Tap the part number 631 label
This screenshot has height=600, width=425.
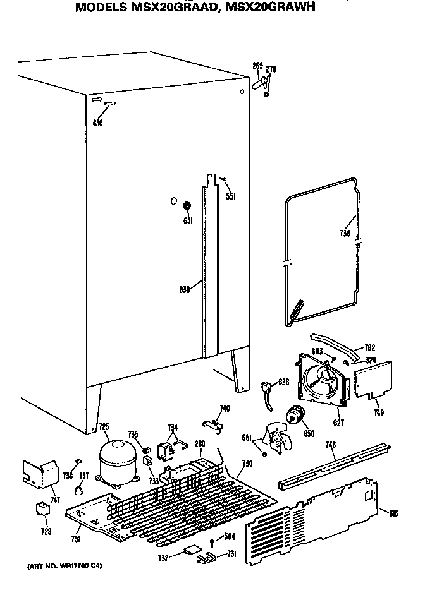tap(187, 220)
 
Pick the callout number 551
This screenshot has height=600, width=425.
tap(231, 196)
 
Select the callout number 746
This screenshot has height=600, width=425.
tap(331, 446)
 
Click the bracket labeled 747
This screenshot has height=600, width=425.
tap(38, 473)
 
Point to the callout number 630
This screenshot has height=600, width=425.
tap(97, 123)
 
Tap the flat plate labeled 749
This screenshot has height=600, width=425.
tap(372, 381)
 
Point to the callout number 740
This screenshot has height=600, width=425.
tap(225, 408)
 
